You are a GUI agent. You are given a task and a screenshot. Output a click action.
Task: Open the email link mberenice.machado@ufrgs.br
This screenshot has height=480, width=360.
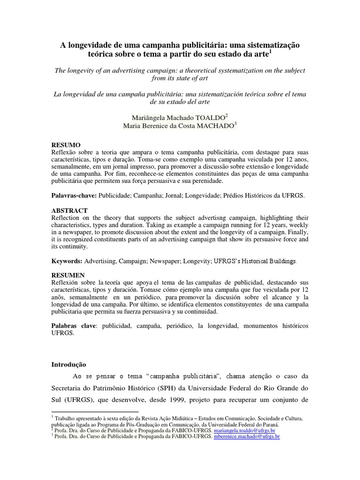click(247, 436)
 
